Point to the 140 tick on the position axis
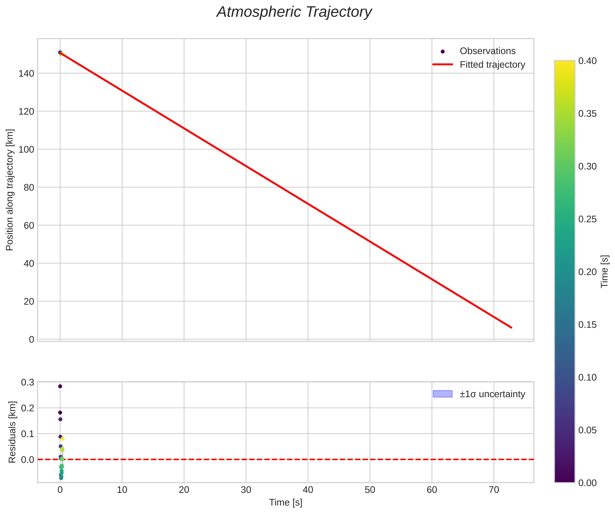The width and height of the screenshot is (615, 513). tap(26, 73)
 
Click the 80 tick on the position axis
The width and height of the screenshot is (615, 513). tap(29, 187)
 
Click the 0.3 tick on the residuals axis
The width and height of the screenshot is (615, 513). tap(28, 383)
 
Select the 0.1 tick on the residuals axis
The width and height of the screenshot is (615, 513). tap(28, 434)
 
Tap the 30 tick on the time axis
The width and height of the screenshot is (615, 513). tap(246, 490)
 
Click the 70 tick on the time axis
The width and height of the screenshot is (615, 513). tap(494, 490)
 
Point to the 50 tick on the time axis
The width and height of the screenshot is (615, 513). tap(370, 490)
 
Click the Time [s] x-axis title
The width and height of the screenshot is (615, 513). tap(285, 502)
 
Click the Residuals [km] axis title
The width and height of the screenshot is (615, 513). tap(12, 432)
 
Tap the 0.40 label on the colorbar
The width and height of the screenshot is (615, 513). tap(587, 61)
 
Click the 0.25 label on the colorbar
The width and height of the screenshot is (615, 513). tap(587, 219)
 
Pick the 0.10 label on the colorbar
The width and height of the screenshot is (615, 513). tap(587, 377)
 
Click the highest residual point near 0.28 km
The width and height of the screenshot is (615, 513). tap(60, 386)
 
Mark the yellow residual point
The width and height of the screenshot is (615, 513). tap(62, 439)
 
